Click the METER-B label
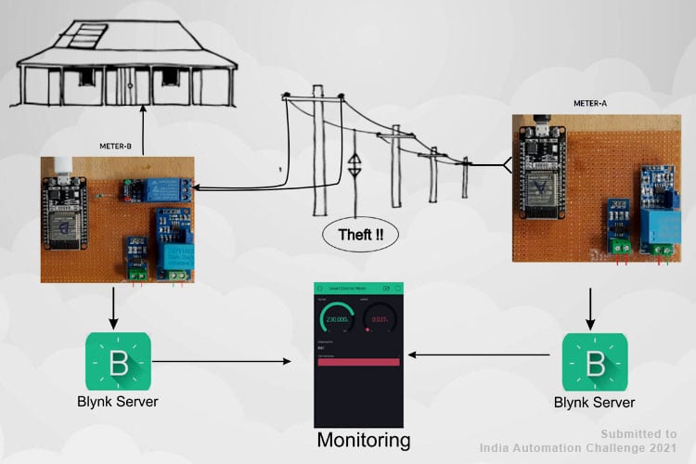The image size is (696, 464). (120, 146)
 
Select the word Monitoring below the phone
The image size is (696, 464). (363, 440)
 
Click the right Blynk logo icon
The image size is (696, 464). (594, 361)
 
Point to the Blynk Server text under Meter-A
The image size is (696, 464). (594, 403)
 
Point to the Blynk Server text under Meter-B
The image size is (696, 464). (117, 403)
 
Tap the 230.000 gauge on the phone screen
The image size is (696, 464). (336, 319)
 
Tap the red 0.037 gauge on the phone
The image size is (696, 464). (379, 319)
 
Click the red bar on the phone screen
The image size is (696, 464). (358, 362)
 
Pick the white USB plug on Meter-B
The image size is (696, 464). (61, 167)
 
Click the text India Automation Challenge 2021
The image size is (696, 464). (585, 447)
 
